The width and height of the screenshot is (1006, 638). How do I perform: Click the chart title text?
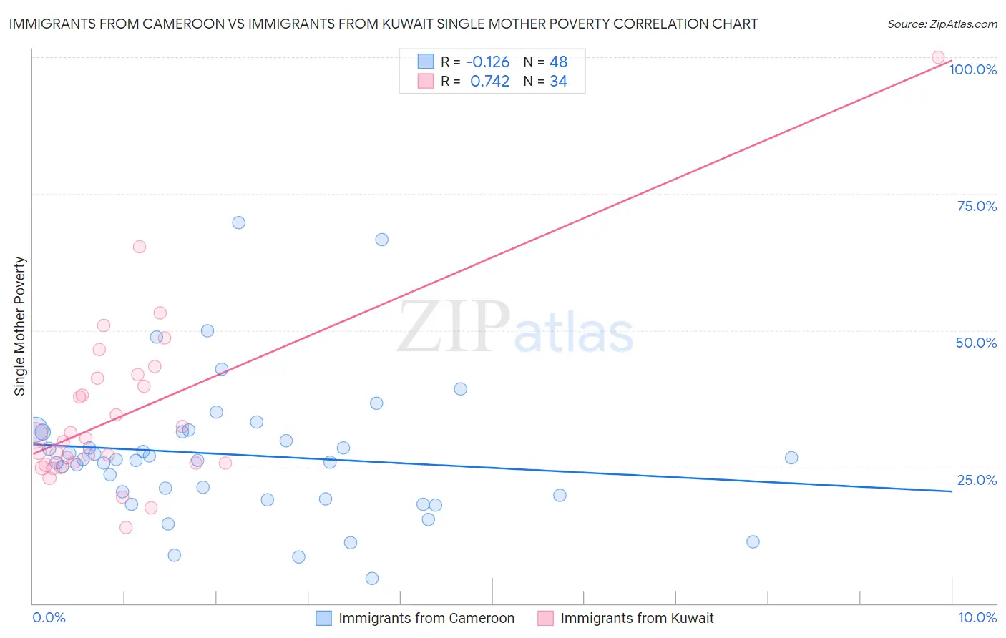point(383,24)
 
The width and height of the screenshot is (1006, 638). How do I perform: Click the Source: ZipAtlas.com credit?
point(942,24)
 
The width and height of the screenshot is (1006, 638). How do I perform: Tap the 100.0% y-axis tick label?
point(972,69)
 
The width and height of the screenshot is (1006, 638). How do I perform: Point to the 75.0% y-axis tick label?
point(977,206)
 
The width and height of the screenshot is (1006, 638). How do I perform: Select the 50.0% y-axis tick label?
point(976,343)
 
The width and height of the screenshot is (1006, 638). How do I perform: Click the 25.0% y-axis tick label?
point(977,480)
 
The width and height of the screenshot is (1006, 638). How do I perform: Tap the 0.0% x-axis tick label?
point(49,617)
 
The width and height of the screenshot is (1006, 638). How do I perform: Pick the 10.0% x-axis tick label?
point(977,617)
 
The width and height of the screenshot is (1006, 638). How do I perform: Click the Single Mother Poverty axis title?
point(20,326)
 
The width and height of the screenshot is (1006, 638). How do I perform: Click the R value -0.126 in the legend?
point(487,62)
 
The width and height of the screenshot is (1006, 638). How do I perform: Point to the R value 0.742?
point(489,82)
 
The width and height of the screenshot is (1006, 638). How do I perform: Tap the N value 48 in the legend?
point(558,62)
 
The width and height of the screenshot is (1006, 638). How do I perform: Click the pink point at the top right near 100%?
point(938,57)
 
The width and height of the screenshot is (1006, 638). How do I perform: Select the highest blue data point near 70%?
point(239,222)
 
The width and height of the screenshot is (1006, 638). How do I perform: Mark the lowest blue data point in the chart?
point(372,579)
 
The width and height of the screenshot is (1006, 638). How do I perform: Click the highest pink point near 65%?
point(140,247)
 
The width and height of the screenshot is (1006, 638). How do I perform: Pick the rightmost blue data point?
point(791,458)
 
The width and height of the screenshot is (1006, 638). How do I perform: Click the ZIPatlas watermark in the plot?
point(515,328)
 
